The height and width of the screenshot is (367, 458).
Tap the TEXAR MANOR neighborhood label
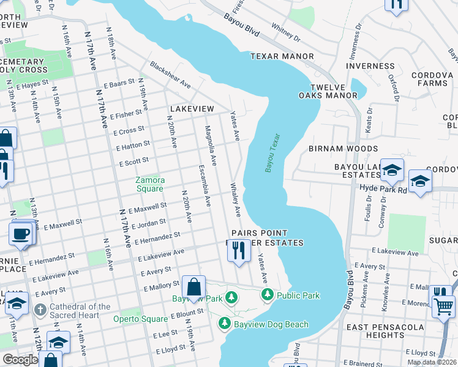point(282,56)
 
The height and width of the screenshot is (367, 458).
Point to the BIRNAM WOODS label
point(343,149)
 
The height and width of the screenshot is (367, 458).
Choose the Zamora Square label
point(150,184)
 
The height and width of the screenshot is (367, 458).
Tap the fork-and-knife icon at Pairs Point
point(239,250)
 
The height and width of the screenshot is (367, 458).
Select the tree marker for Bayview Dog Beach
point(225,324)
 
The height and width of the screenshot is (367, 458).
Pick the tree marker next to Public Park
point(268,295)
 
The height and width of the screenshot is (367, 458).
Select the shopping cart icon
point(443,306)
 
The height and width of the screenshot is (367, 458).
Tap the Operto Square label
point(140,319)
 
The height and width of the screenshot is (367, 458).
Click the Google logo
point(21,360)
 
